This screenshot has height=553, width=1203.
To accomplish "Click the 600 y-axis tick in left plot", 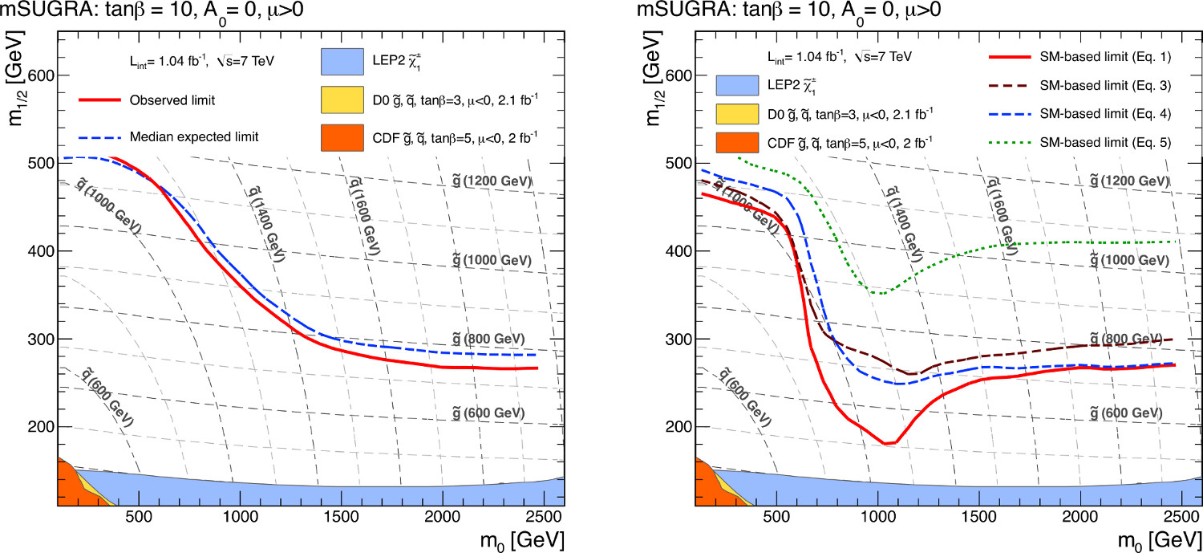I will (40, 76).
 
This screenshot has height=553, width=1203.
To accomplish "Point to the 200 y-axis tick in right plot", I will (678, 427).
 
